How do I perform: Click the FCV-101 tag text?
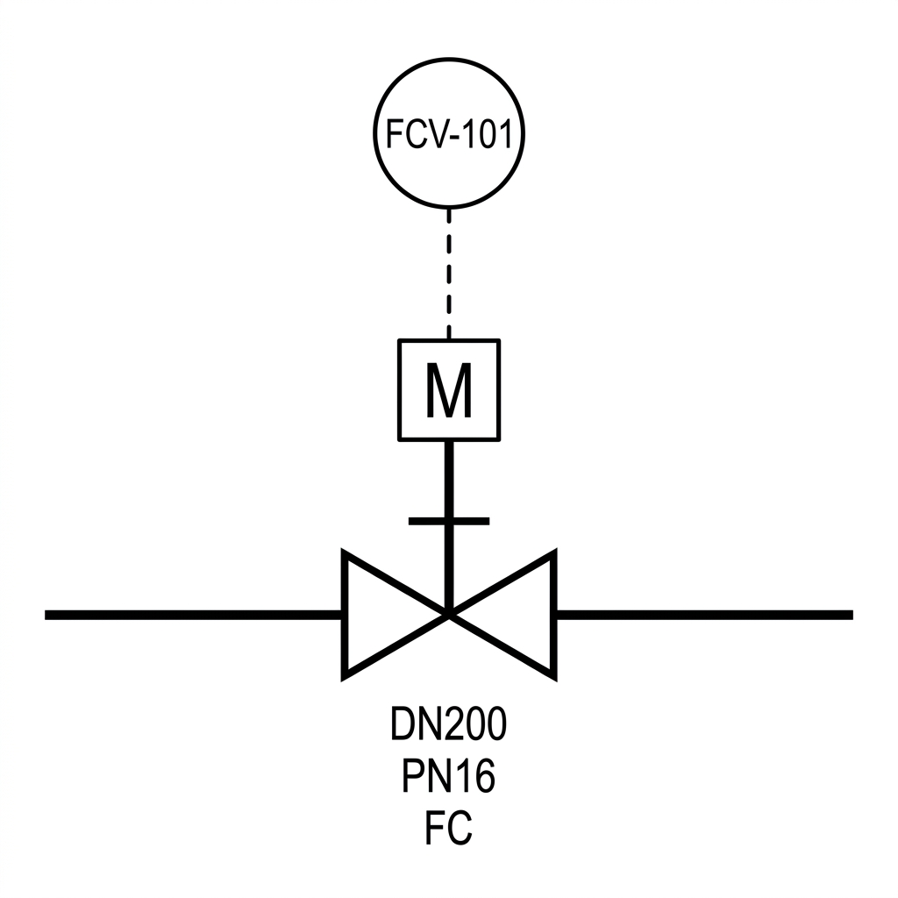449,134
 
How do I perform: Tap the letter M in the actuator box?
449,390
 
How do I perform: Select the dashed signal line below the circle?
449,274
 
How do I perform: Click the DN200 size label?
449,723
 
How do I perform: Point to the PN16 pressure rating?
449,775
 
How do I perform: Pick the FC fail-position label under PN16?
449,828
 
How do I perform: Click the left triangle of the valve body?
396,615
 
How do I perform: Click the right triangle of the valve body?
502,615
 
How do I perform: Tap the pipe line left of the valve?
194,615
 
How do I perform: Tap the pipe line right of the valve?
704,615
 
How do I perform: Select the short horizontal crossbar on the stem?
449,521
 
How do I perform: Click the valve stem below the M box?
449,527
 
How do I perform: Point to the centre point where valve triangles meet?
449,615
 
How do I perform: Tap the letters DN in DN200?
411,723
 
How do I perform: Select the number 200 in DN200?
471,723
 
